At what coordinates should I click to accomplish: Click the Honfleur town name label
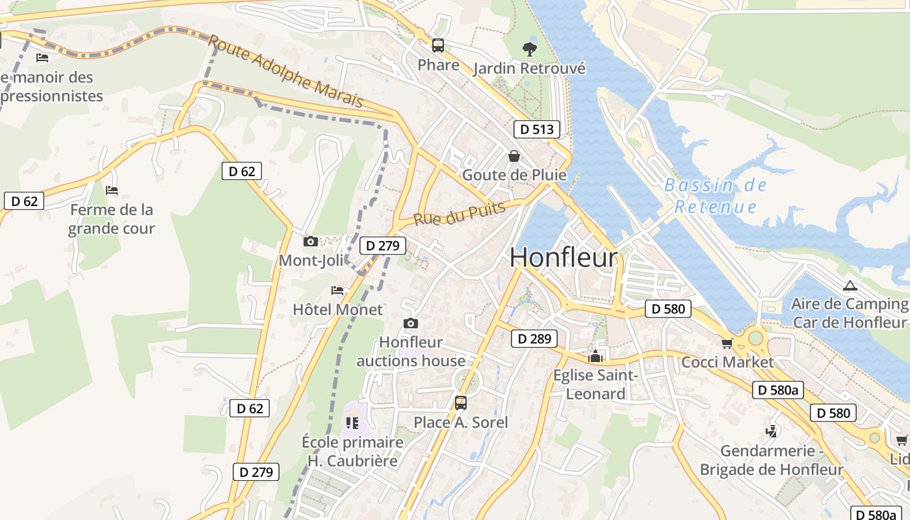[563, 257]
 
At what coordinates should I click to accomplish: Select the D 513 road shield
[537, 129]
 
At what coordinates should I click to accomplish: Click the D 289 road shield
[534, 339]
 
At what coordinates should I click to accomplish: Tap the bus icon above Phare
[438, 45]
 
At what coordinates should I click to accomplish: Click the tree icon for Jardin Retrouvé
[530, 49]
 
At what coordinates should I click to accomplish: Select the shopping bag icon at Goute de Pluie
[514, 156]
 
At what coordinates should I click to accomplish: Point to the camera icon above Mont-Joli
[311, 242]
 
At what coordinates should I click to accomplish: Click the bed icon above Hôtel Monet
[337, 291]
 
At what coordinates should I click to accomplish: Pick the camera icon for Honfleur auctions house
[411, 323]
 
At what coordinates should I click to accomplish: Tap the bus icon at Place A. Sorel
[461, 403]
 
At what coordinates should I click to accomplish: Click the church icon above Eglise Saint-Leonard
[595, 356]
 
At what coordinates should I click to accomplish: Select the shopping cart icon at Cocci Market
[727, 343]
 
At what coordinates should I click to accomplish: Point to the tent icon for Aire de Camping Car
[850, 285]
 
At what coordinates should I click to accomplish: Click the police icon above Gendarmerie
[772, 431]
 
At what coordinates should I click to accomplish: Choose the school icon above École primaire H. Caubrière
[352, 423]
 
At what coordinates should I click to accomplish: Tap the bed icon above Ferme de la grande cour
[112, 190]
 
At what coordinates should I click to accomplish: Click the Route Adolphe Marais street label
[285, 71]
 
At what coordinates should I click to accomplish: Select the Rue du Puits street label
[459, 214]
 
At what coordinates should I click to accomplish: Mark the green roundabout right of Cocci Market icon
[755, 338]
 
